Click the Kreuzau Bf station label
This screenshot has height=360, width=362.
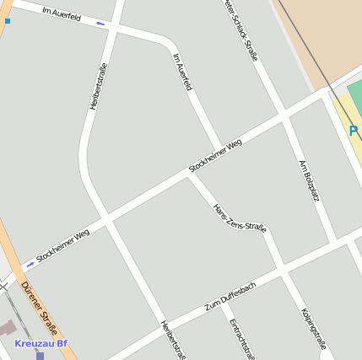coord(41,343)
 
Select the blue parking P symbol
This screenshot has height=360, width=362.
coord(354,131)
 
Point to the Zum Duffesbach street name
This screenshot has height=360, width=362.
coord(230,296)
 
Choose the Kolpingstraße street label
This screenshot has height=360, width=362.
coord(312,329)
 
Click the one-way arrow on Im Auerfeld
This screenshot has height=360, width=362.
coord(101,24)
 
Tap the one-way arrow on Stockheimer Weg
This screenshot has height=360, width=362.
coord(31,263)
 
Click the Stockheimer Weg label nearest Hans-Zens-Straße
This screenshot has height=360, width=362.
coord(215,157)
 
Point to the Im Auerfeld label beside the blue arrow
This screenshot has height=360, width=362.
coord(60,12)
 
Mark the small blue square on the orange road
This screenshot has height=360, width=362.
coord(7,19)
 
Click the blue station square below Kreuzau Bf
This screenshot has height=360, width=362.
coord(40,355)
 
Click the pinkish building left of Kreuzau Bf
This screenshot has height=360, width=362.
coord(8,330)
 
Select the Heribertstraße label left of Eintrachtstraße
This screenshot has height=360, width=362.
coord(172,339)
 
